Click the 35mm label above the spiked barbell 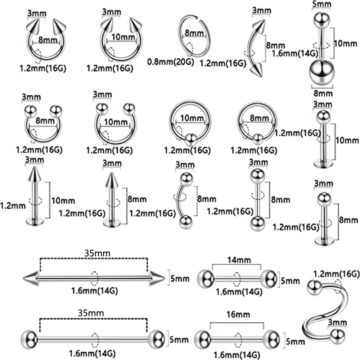pyautogui.click(x=93, y=253)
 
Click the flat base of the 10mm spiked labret pyautogui.click(x=35, y=220)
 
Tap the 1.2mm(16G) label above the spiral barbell pyautogui.click(x=337, y=274)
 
